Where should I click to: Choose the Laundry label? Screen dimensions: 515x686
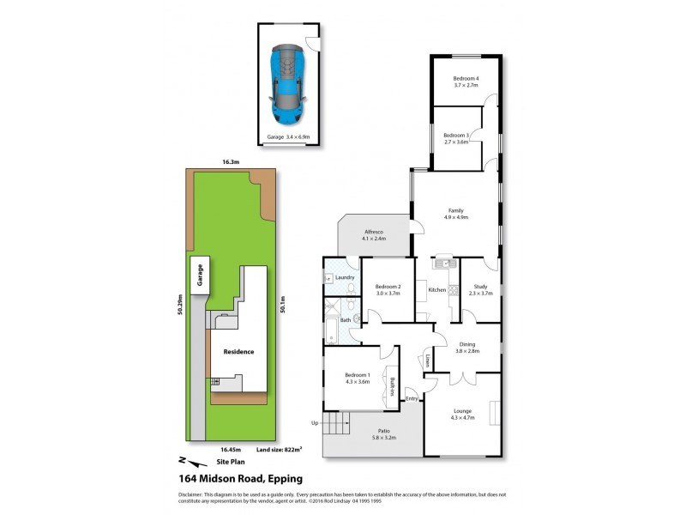346,277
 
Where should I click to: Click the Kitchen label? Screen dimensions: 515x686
437,290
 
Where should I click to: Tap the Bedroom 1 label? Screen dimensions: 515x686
358,379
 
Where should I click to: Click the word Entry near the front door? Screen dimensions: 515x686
412,398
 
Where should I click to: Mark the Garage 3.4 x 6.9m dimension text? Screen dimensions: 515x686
287,137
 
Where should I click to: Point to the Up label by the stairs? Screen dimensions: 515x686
314,423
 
